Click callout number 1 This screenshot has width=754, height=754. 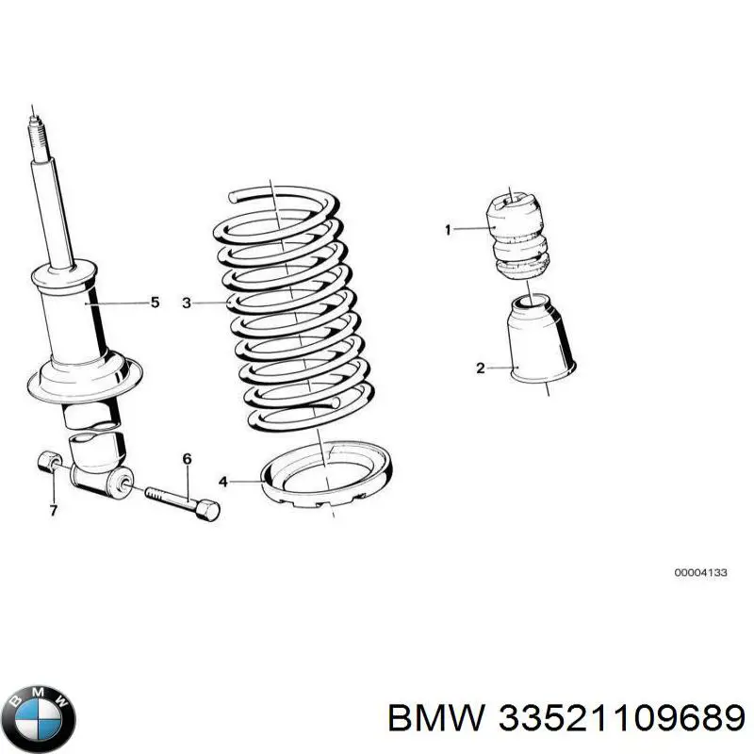[449, 229]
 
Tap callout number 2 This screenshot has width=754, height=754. [480, 368]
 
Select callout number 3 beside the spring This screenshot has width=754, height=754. [187, 303]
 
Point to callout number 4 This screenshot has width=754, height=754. [223, 482]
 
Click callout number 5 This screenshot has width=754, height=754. [156, 303]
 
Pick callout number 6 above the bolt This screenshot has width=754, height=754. [187, 459]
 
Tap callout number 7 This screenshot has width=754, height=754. [54, 510]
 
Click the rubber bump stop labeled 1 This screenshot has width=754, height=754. [519, 235]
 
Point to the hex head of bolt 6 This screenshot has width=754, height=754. [210, 510]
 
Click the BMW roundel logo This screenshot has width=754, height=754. [39, 697]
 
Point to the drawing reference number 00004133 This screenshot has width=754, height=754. [700, 572]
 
